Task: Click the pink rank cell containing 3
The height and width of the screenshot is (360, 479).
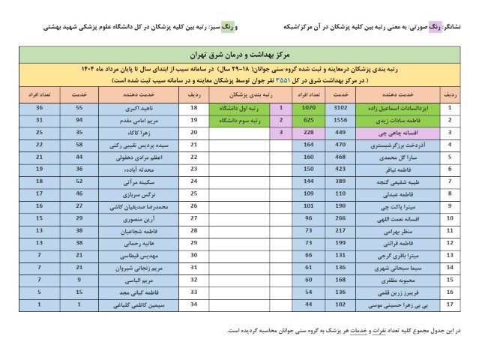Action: [280, 132]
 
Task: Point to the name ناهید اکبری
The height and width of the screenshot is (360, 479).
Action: [143, 107]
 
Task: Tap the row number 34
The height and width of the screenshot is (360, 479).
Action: [194, 305]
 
